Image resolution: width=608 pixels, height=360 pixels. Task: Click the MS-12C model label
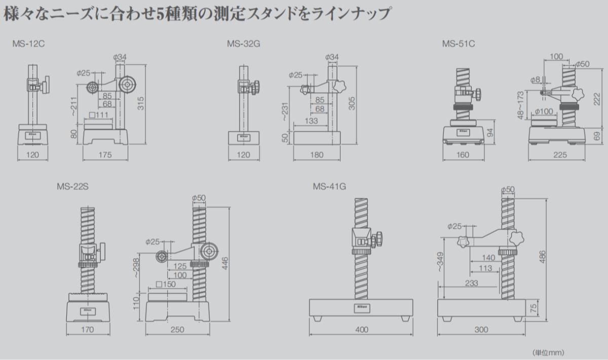pyautogui.click(x=29, y=44)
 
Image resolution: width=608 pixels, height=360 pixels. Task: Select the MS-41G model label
pyautogui.click(x=329, y=186)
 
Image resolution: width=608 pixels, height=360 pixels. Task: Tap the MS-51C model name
pyautogui.click(x=458, y=44)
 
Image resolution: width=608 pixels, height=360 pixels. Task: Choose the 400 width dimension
pyautogui.click(x=361, y=330)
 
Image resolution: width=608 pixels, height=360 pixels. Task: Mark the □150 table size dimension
pyautogui.click(x=165, y=284)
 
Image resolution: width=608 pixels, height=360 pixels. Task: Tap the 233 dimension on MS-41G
pyautogui.click(x=471, y=283)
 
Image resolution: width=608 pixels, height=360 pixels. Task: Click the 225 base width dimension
pyautogui.click(x=560, y=155)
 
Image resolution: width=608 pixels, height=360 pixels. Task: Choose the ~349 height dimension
pyautogui.click(x=440, y=264)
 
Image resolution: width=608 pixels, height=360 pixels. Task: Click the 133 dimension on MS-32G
pyautogui.click(x=312, y=121)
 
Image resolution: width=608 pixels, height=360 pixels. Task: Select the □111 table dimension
pyautogui.click(x=99, y=115)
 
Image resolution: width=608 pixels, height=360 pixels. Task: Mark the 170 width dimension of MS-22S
pyautogui.click(x=88, y=330)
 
